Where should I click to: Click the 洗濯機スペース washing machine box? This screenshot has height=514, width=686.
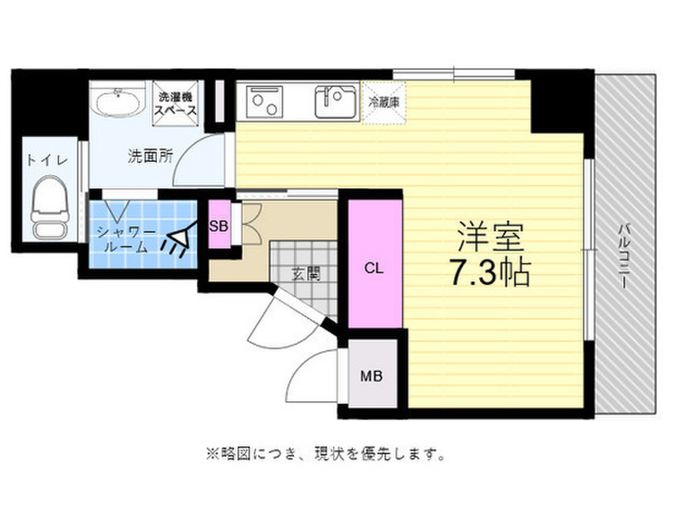[x=176, y=100]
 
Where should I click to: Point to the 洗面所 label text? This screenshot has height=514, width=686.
[x=151, y=157]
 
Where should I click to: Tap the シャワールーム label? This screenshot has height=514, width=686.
[x=127, y=239]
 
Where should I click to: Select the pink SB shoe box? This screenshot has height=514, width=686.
[x=218, y=226]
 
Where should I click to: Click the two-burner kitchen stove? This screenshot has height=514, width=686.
[x=265, y=101]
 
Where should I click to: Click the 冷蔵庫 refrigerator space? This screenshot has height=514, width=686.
[x=384, y=102]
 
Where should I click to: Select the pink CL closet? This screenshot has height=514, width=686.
[x=374, y=268]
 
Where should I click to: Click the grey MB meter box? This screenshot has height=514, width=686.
[x=372, y=376]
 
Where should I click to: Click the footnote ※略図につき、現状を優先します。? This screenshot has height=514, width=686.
[x=326, y=456]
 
